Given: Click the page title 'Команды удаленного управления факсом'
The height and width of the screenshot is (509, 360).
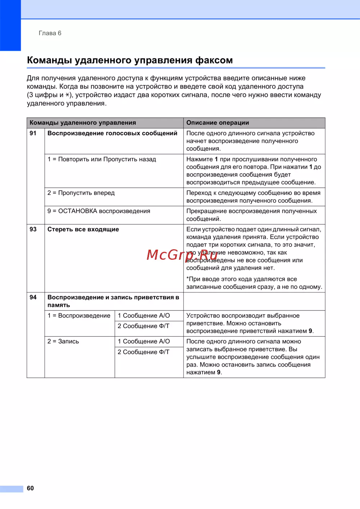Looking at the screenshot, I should (x=130, y=60).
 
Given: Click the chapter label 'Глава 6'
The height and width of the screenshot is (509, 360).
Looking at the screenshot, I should (x=50, y=33).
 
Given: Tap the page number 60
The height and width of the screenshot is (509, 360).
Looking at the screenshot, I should (x=30, y=488).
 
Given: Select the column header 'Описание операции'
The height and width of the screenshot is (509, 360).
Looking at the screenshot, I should (x=217, y=123).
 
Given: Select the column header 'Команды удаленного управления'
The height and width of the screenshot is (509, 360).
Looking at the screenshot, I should (x=83, y=123).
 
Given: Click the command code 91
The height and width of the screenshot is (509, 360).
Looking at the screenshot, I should (x=33, y=133).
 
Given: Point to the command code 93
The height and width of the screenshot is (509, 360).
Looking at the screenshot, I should (x=33, y=229).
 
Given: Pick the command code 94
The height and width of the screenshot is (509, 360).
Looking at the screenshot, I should (x=33, y=297).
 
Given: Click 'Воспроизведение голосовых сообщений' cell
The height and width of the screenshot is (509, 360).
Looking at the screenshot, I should (x=112, y=133).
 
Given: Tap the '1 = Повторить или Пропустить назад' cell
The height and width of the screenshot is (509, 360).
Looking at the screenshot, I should (x=102, y=159).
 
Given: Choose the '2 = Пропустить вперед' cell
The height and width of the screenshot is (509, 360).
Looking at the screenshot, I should (x=81, y=193).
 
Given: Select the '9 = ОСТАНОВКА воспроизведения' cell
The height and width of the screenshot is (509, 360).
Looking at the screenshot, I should (x=99, y=211).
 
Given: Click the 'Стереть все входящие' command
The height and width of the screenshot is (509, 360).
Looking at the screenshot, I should (x=83, y=229).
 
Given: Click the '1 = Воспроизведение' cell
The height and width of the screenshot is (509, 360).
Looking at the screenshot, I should (x=79, y=315).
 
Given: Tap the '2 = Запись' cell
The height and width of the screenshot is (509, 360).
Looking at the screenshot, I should (x=63, y=341).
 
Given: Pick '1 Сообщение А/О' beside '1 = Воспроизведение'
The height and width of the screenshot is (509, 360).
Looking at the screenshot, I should (x=144, y=315).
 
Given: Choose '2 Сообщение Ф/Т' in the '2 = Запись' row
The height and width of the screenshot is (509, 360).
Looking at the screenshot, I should (x=143, y=352).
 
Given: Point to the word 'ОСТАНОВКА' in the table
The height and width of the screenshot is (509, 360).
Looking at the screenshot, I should (x=78, y=211).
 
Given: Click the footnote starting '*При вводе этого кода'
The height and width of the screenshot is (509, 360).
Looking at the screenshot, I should (x=254, y=283).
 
